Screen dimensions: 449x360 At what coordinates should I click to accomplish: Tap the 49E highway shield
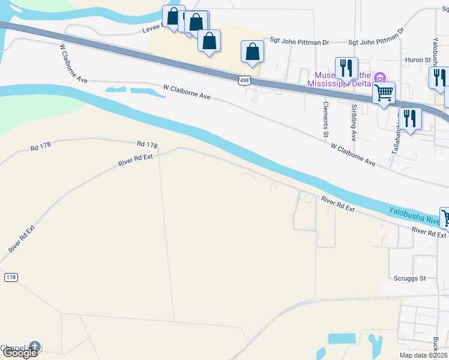tap(243, 80)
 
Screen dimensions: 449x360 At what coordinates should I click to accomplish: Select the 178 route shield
tap(10, 277)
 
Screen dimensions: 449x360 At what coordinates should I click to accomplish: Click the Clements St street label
tap(326, 116)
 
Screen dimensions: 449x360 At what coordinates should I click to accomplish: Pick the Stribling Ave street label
tap(354, 122)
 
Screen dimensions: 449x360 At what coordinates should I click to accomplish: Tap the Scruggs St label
tap(410, 278)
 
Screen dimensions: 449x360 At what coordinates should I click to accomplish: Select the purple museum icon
tap(379, 77)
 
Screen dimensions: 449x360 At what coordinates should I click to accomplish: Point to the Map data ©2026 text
tap(422, 356)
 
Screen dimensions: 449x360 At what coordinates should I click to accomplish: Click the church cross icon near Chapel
tap(35, 347)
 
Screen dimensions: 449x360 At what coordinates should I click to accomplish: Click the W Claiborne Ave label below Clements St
tap(352, 155)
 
